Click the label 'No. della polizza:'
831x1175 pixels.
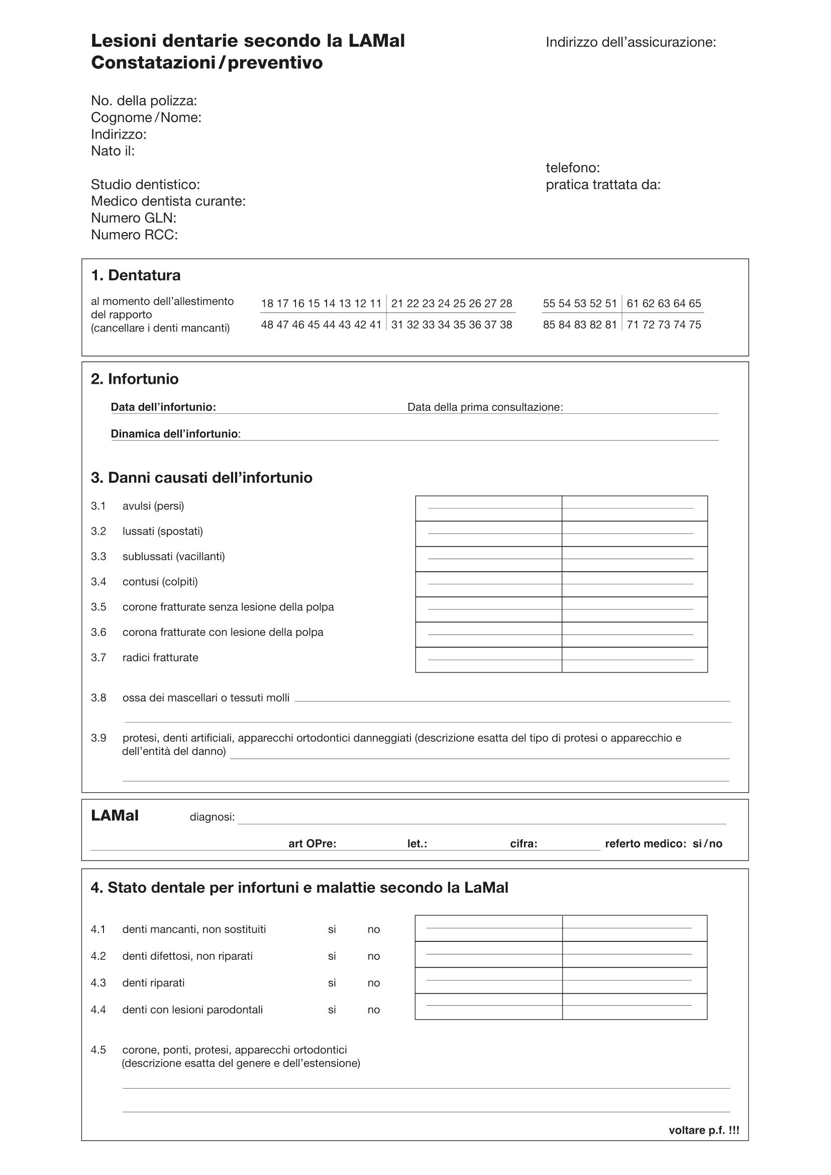pos(144,101)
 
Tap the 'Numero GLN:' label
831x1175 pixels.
pos(134,218)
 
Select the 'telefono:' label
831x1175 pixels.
pos(573,168)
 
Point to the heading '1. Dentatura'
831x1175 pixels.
pos(136,275)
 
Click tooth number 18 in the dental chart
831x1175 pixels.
pos(267,303)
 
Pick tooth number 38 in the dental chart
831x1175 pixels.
pos(505,325)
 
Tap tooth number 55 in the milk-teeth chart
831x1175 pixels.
pos(549,303)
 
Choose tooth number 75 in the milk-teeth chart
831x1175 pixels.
pos(695,325)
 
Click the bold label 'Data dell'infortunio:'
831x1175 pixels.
pos(163,407)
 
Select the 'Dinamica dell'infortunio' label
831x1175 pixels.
pos(174,434)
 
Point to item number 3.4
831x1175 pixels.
pos(99,582)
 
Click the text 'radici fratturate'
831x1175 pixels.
pos(160,658)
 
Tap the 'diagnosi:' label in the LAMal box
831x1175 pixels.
pos(213,817)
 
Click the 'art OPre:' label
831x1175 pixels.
pos(312,844)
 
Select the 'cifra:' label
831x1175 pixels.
pos(524,844)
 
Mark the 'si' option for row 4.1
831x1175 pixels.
pos(332,930)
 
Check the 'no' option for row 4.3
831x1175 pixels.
pos(373,983)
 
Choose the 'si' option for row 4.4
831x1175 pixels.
pos(332,1010)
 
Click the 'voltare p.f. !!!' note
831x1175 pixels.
pos(703,1130)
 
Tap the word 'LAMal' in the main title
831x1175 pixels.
pos(377,41)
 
